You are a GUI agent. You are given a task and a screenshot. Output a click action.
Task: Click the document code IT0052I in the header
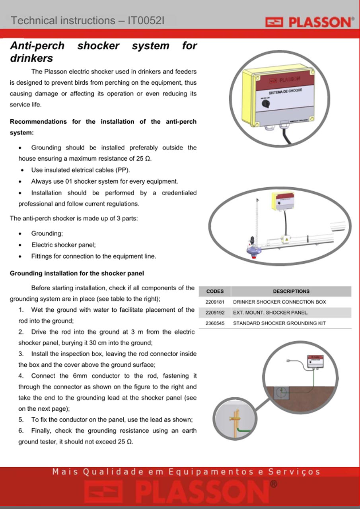(x=146, y=21)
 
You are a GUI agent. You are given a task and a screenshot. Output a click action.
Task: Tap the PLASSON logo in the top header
(x=310, y=22)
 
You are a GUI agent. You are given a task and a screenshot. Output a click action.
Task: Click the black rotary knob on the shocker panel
(x=265, y=104)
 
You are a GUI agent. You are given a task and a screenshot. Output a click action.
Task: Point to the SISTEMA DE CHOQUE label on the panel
(x=286, y=91)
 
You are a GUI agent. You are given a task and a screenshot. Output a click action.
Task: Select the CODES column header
(x=215, y=291)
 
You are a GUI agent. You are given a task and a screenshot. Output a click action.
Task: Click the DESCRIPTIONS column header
(x=291, y=291)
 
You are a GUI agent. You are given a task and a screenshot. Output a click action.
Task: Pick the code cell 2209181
(x=215, y=302)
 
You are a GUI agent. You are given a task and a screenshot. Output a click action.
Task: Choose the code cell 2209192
(x=215, y=313)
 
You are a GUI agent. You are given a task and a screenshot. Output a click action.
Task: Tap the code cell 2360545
(x=215, y=323)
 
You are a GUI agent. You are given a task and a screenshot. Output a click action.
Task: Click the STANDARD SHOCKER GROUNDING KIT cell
(x=279, y=323)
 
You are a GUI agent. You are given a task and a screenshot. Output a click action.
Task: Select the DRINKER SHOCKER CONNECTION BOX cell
(x=280, y=302)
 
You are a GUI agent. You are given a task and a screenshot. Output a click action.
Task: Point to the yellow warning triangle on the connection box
(x=286, y=239)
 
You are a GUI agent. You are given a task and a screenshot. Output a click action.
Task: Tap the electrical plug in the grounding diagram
(x=288, y=360)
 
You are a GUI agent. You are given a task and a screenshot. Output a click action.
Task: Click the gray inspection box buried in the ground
(x=281, y=392)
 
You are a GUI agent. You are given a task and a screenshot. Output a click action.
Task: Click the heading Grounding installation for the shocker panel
(x=77, y=273)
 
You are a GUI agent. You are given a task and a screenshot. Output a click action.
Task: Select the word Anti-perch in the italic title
(x=37, y=46)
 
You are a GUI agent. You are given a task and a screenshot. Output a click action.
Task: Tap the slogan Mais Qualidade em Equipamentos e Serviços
(x=186, y=472)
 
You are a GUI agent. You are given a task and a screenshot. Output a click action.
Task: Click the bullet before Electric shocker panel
(x=20, y=245)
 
